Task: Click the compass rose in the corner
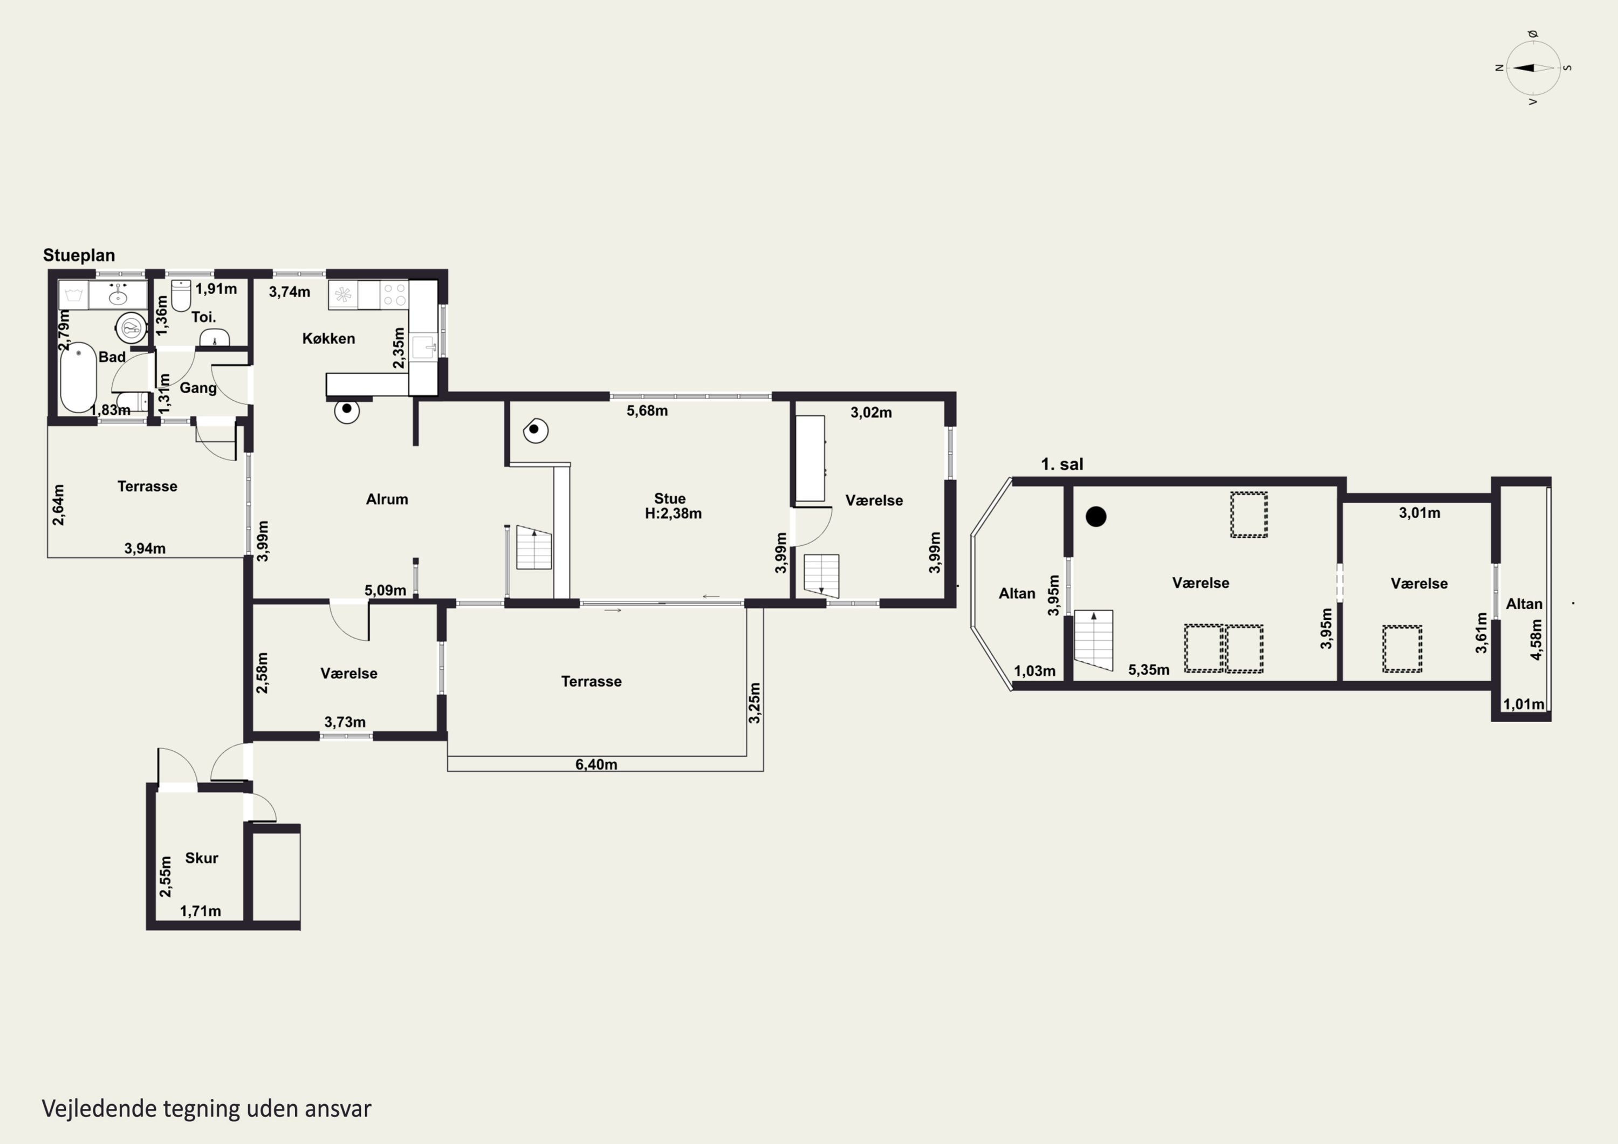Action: coord(1533,67)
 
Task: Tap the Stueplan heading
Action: coord(79,255)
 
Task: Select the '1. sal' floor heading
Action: coord(1062,464)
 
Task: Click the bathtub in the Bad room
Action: coord(78,377)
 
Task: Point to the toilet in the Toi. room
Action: coord(181,296)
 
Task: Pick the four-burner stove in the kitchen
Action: coord(394,294)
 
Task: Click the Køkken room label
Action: coord(328,338)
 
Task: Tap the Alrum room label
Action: coord(387,499)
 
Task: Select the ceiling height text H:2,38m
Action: coord(673,513)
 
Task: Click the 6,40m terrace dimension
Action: coord(596,764)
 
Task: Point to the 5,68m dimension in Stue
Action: coord(647,410)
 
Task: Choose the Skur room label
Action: coord(202,858)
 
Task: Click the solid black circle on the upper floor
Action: coord(1096,517)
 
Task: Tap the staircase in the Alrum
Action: coord(534,547)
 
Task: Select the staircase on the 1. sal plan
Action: coord(1094,641)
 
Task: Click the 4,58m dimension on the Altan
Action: coord(1536,639)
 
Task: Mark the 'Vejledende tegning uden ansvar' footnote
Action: coord(207,1108)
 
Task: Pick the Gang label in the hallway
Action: coord(198,388)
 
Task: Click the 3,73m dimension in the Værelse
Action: coord(345,722)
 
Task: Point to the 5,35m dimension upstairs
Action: coord(1149,669)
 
